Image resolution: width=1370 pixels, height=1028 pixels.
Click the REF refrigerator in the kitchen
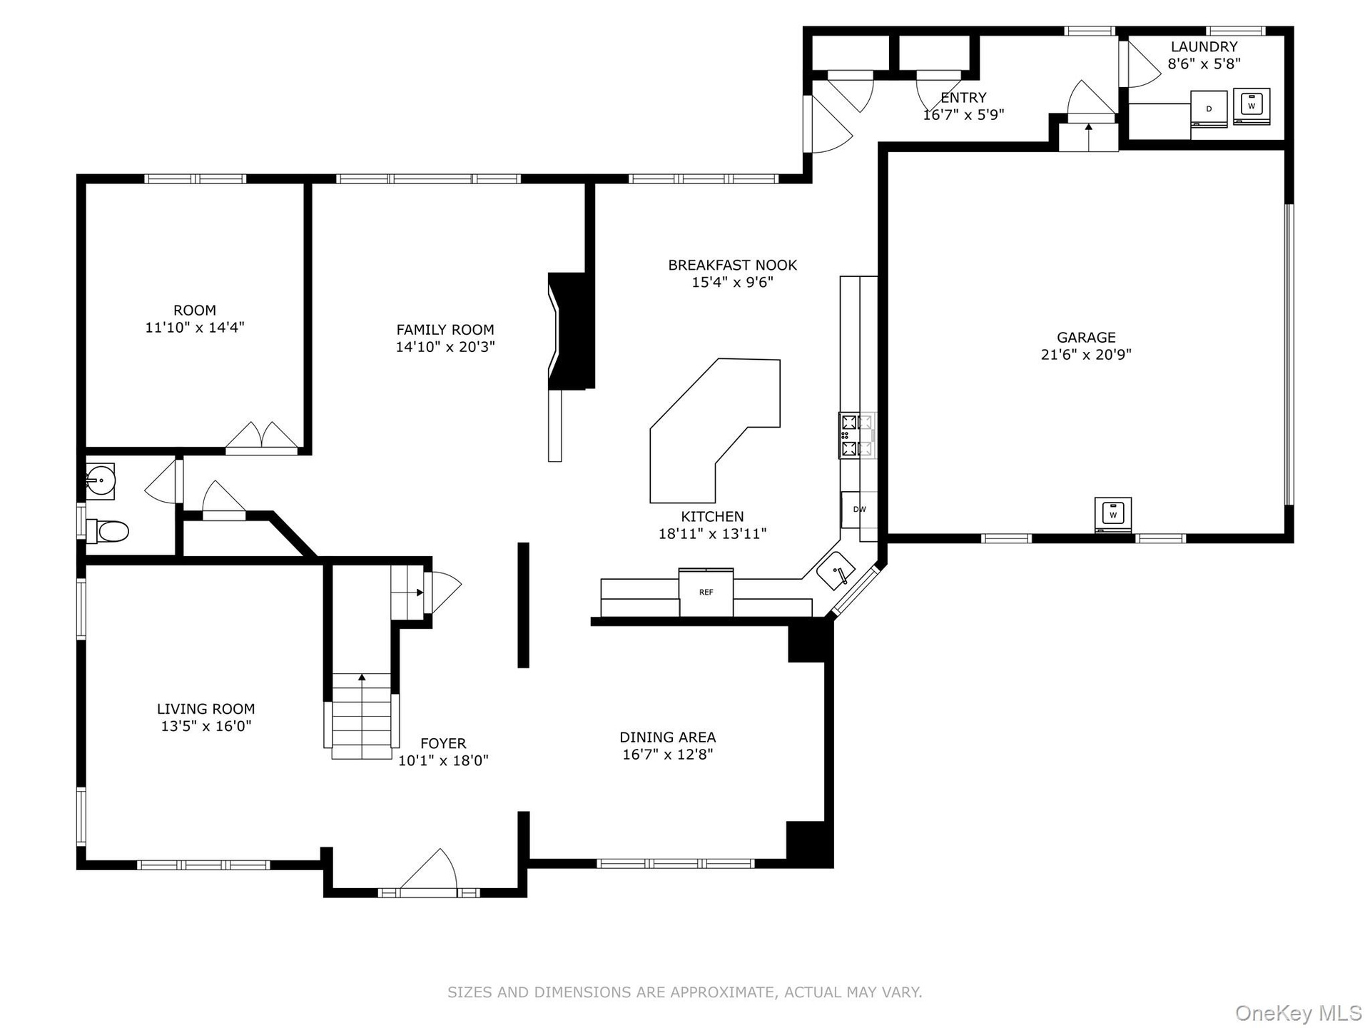706,592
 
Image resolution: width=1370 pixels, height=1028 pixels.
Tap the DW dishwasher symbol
859,509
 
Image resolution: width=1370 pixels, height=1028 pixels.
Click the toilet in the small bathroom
107,531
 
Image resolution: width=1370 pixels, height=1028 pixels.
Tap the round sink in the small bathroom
100,480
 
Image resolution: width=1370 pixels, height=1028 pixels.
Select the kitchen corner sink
836,570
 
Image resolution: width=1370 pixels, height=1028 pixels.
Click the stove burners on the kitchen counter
857,435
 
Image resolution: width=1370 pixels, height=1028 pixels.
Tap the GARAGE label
1086,338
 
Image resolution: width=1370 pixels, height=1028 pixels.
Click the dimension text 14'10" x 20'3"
445,347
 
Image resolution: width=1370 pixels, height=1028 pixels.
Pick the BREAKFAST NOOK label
733,265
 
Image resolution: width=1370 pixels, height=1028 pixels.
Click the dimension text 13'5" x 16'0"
206,726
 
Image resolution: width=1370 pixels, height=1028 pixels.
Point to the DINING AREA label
668,737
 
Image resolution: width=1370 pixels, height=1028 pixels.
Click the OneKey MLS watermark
1299,1012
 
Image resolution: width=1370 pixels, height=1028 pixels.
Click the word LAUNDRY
1204,46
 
